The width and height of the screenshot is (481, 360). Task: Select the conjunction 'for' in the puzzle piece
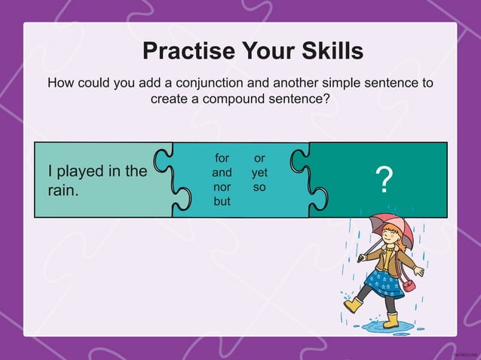point(222,158)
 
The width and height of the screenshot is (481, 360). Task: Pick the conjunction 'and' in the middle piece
point(222,172)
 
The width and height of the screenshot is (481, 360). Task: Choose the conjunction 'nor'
point(222,187)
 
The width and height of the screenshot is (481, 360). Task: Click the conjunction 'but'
point(222,201)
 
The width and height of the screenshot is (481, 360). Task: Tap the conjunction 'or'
point(259,158)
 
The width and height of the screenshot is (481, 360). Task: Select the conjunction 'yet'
point(259,172)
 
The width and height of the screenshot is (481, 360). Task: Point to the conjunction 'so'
point(259,187)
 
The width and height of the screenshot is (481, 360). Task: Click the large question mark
point(384,181)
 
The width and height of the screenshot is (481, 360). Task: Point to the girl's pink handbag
point(408,285)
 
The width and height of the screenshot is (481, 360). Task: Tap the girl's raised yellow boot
point(353,305)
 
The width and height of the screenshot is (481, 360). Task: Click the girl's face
point(388,242)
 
